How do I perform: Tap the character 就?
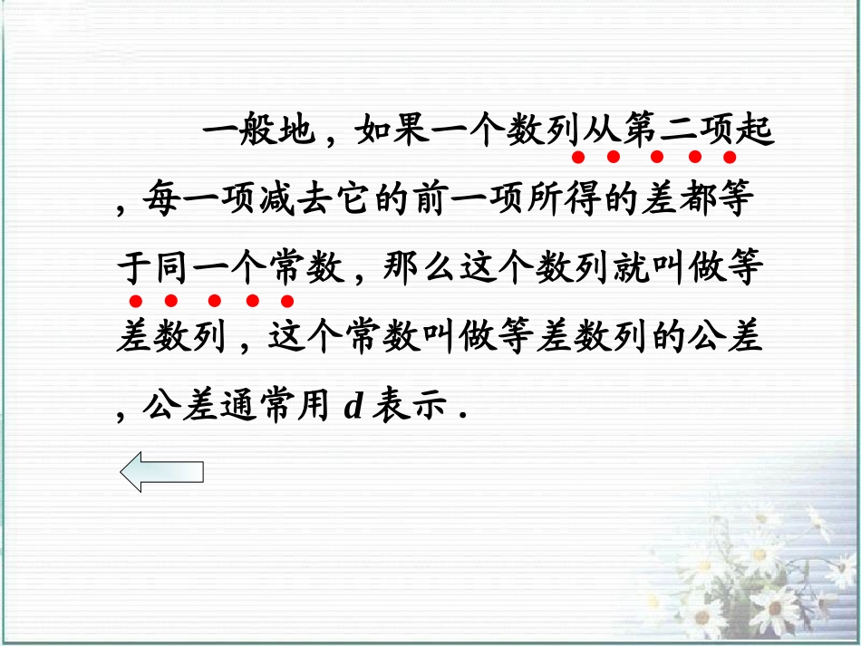click(620, 270)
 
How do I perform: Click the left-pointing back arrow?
click(162, 473)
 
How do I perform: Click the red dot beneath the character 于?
click(134, 301)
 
